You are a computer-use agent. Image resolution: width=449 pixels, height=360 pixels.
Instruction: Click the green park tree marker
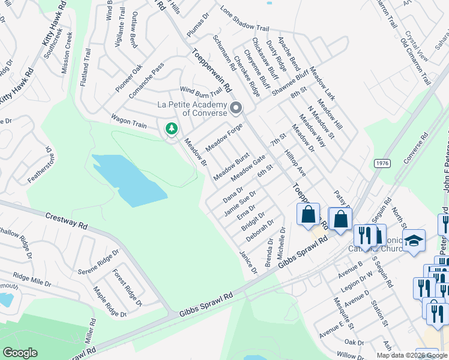[172, 129]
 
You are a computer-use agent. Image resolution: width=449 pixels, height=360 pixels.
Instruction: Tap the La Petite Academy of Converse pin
[236, 109]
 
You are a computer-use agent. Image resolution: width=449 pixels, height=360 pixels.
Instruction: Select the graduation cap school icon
[414, 241]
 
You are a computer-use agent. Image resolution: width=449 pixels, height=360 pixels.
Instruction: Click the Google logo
[20, 353]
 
